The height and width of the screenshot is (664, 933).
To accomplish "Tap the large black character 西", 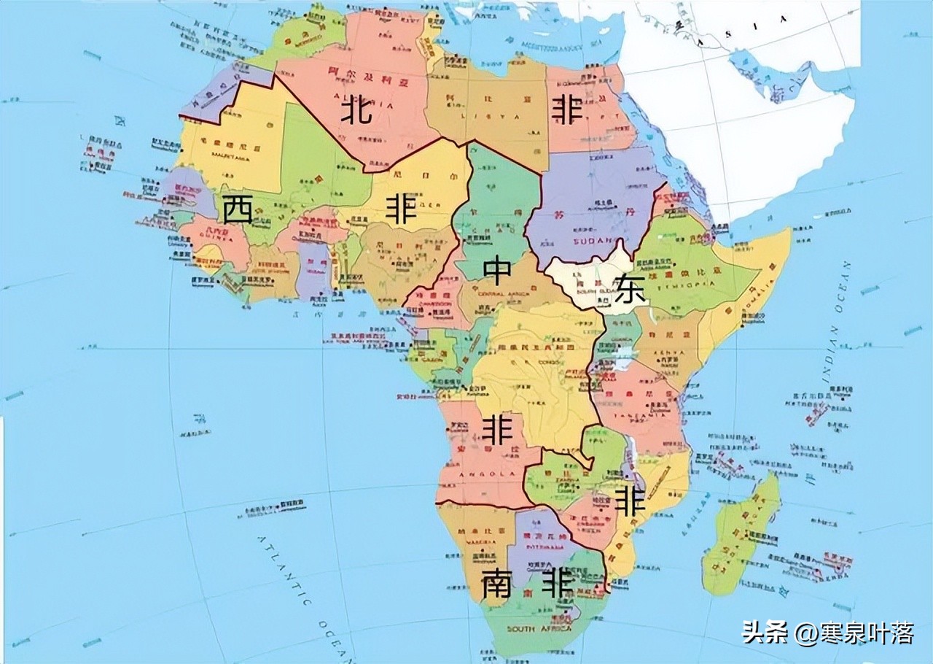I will tap(238, 210).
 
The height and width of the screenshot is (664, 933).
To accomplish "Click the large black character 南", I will tap(496, 584).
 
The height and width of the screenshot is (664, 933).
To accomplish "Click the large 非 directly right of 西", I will tap(401, 210).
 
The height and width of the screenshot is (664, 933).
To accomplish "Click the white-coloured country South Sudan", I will tap(583, 281).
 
